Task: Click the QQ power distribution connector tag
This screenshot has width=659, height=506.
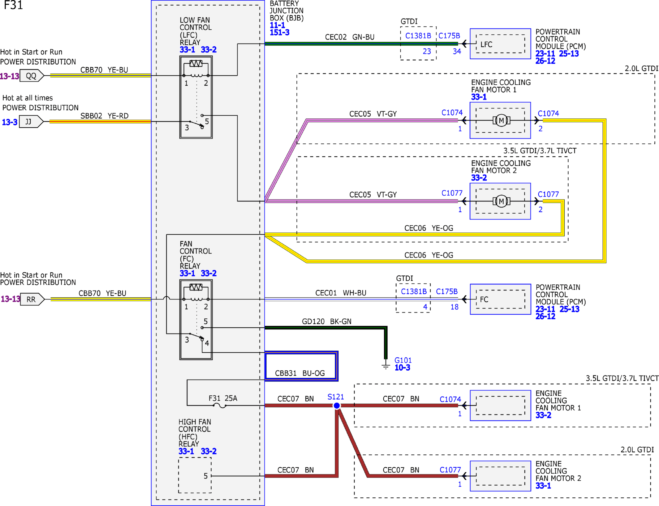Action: coord(32,76)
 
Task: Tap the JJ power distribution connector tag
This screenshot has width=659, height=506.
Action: coord(31,121)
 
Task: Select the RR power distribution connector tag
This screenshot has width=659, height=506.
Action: coord(32,299)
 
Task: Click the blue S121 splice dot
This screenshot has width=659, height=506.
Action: coord(337,406)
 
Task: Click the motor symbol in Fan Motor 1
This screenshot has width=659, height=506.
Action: coord(501,121)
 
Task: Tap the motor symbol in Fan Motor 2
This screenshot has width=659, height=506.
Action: coord(501,202)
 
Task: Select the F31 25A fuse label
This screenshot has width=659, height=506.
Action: coord(223,398)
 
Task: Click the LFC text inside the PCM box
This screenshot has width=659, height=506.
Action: coord(486,45)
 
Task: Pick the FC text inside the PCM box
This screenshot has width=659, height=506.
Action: coord(484,299)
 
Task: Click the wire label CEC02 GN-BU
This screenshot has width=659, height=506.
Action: coord(350,37)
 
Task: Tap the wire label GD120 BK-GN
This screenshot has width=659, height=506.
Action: coord(326,321)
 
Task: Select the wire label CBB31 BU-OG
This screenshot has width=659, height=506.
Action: coord(300,373)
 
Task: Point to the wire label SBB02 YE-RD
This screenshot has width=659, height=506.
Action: coord(104,116)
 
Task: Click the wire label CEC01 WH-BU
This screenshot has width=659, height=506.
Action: coord(341,293)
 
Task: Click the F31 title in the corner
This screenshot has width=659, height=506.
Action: coord(13,5)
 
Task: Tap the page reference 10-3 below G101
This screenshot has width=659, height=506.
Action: coord(402,368)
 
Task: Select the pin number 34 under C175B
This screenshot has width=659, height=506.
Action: coord(457,51)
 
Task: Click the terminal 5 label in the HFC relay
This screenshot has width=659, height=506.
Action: coord(205,476)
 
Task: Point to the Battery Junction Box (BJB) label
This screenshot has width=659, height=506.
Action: coord(286,11)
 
